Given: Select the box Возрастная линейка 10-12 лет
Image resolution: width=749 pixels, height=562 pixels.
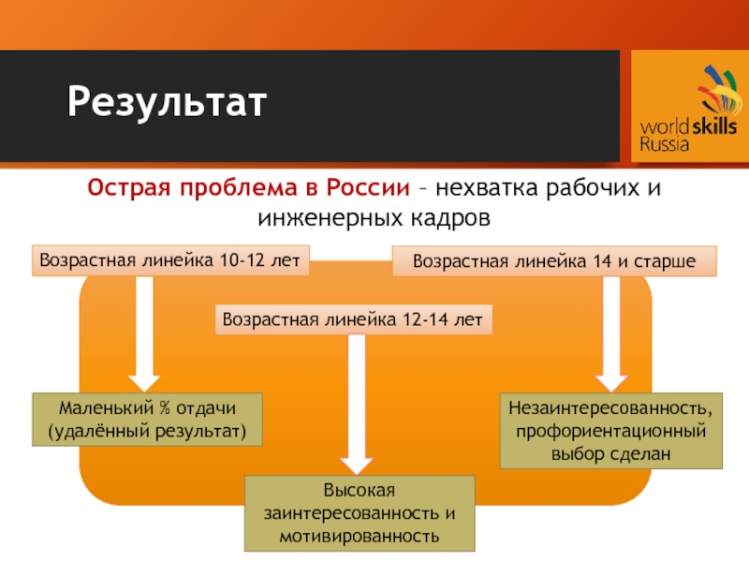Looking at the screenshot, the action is click(x=172, y=260).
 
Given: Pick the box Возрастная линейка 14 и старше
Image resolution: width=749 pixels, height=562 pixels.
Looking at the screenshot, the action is click(x=553, y=261).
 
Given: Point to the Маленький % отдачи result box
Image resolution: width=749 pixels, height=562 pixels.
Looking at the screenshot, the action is click(x=147, y=420).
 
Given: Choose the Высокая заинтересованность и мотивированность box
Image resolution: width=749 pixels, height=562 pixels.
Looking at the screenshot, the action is click(x=360, y=513).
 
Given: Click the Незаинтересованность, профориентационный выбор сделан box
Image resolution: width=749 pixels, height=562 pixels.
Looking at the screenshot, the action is click(x=610, y=431).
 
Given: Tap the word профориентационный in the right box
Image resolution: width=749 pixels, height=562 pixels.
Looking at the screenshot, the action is click(x=611, y=431).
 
